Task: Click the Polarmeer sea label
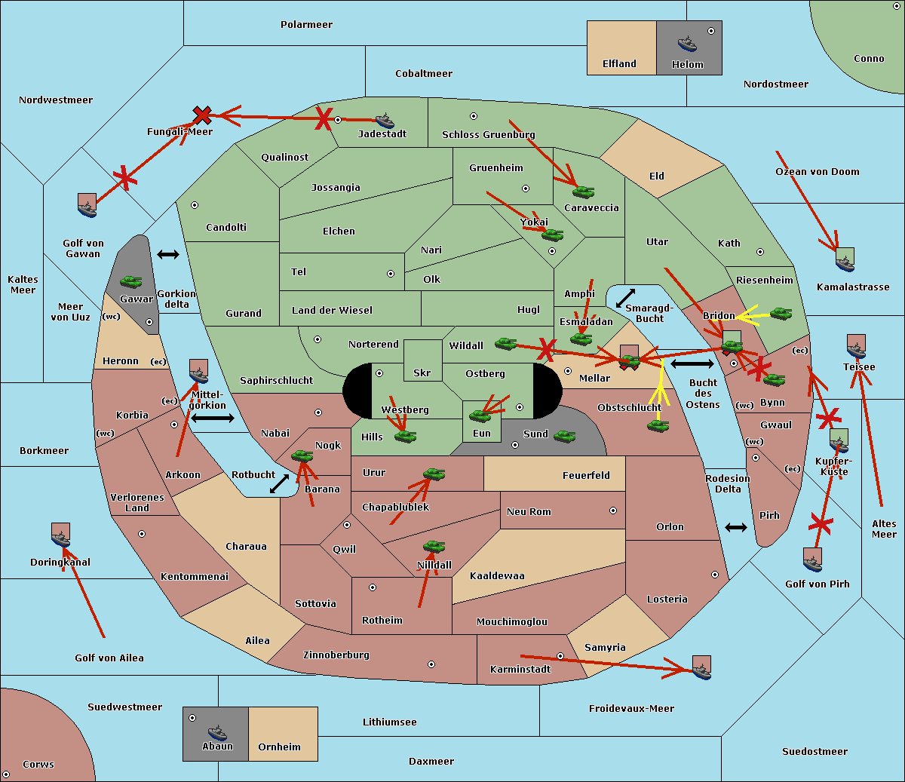coord(306,25)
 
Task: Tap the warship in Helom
coord(686,43)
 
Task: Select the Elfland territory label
coord(619,64)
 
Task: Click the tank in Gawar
coord(131,282)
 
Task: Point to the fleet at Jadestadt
coord(385,121)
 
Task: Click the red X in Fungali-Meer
coord(202,115)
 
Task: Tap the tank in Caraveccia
coord(583,192)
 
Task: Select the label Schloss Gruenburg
coord(488,135)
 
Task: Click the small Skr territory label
coord(422,373)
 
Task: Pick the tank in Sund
coord(564,436)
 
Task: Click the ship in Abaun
coord(217,732)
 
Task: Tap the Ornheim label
coord(279,747)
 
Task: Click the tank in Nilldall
coord(434,547)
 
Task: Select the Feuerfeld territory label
coord(586,476)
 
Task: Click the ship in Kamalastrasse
coord(845,261)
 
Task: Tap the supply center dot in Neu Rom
coord(613,511)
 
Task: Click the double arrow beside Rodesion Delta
coord(736,527)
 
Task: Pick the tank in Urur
coord(434,474)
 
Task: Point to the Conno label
coord(869,59)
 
